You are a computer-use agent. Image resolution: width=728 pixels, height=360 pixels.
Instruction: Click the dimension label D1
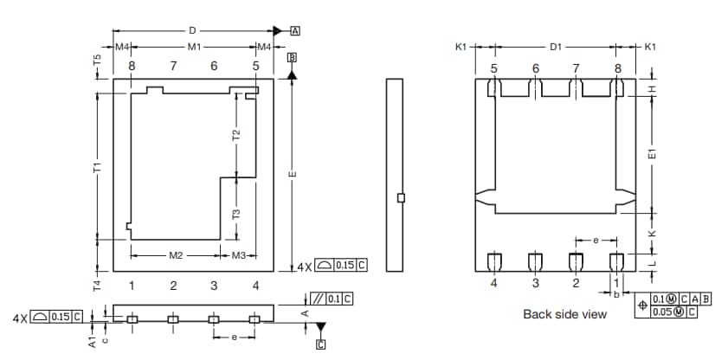pos(556,47)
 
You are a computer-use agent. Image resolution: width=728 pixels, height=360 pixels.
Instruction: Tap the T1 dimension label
pos(99,167)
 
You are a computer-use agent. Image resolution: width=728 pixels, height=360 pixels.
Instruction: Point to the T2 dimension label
pos(236,135)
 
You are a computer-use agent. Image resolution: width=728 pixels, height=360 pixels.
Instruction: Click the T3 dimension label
pos(236,214)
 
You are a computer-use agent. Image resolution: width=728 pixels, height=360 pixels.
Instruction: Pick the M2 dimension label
pos(175,255)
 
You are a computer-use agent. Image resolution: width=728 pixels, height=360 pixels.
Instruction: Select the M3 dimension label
pos(239,255)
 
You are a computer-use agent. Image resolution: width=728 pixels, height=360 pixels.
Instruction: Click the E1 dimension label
pos(653,152)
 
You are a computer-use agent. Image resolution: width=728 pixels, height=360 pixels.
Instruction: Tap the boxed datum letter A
pos(295,30)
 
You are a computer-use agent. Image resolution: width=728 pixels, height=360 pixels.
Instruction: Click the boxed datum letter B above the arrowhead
pos(292,57)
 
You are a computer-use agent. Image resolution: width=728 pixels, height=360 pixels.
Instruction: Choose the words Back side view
pos(564,314)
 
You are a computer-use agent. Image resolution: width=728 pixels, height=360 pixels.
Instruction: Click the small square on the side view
pos(400,197)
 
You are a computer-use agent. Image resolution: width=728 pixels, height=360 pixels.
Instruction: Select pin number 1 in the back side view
pos(616,282)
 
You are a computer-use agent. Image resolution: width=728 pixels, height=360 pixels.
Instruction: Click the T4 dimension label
pos(99,285)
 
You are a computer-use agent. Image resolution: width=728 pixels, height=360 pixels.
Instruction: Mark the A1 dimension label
pos(92,342)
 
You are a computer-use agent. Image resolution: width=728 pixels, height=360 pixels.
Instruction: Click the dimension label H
pos(653,89)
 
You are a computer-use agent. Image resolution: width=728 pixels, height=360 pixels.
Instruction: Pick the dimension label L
pos(653,261)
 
